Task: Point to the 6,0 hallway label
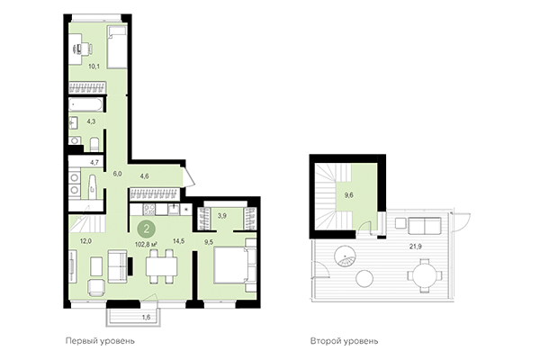116,173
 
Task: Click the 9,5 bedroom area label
208,241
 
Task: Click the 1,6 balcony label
147,318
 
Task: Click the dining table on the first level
163,265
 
